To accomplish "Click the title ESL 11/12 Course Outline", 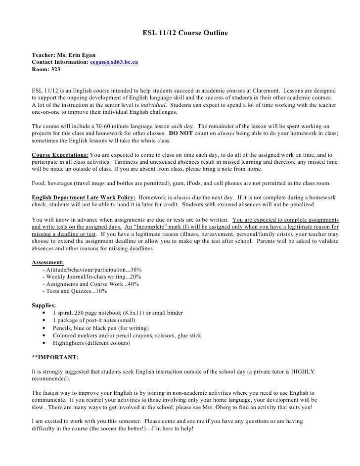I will coord(185,34).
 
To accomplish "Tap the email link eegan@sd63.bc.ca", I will coord(114,62).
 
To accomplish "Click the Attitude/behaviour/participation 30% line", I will coord(92,270).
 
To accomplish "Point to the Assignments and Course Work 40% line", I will coord(91,284).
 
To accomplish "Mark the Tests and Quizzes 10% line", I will coord(75,291).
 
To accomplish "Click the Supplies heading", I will coord(44,305).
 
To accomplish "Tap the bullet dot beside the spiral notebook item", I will coord(45,313).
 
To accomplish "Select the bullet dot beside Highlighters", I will coord(45,343).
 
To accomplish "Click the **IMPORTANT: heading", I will coord(55,357).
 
